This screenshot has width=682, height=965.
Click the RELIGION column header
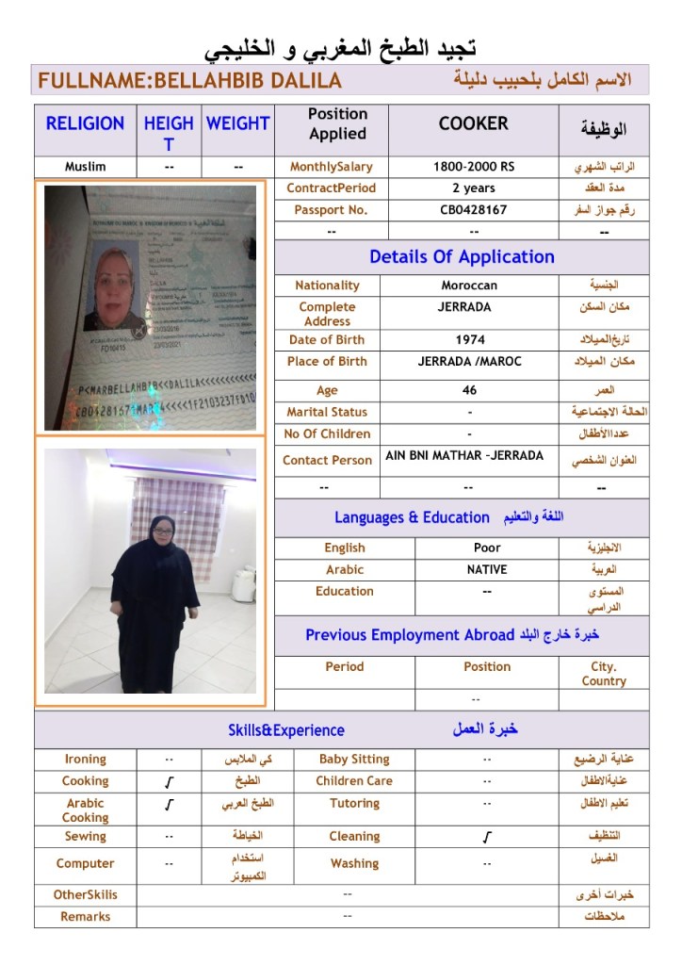(x=85, y=123)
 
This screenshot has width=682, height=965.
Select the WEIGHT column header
(x=237, y=123)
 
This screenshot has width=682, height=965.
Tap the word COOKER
(x=473, y=123)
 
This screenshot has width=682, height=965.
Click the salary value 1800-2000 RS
(x=474, y=167)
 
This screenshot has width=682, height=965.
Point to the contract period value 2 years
(x=474, y=188)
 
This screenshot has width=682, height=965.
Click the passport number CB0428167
(x=474, y=210)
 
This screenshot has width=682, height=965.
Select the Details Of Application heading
(x=462, y=257)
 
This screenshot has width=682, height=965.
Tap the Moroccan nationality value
(x=469, y=286)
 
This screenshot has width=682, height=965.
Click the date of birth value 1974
(x=470, y=340)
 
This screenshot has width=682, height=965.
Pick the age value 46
(x=470, y=390)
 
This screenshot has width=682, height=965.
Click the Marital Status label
(x=327, y=412)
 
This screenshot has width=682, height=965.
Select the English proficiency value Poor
(x=487, y=548)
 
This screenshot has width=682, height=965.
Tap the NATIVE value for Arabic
(x=487, y=569)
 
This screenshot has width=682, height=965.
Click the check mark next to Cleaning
(x=486, y=837)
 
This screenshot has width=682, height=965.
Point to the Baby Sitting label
(x=354, y=759)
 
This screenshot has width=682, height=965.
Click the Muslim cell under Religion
(x=85, y=167)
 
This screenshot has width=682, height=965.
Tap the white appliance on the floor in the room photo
(x=244, y=583)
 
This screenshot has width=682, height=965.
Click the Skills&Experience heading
(x=286, y=730)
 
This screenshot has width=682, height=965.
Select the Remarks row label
(x=85, y=916)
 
